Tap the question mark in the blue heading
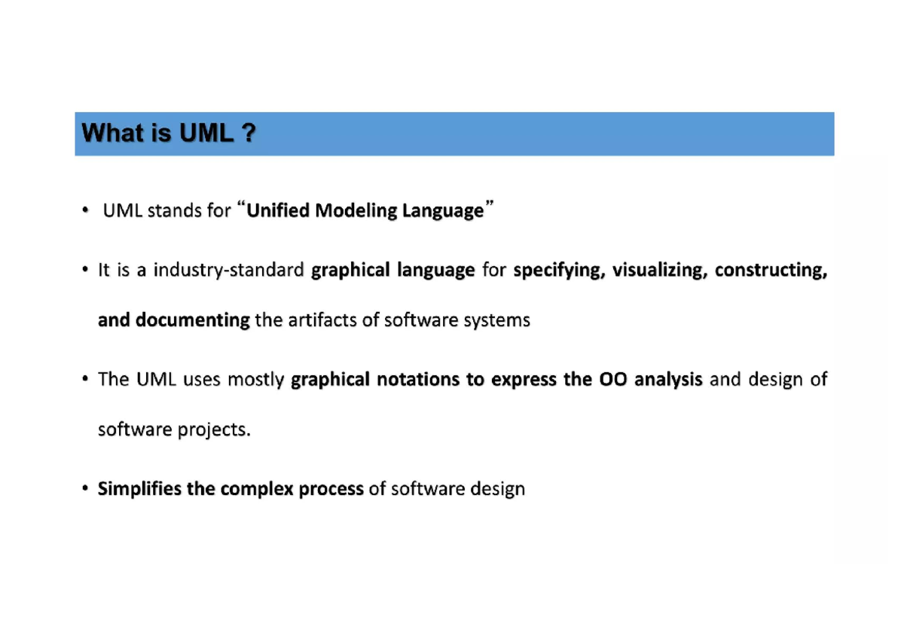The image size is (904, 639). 249,133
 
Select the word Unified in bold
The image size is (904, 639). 278,210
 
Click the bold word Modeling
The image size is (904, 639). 355,210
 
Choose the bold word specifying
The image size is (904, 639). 559,270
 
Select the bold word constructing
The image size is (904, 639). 771,270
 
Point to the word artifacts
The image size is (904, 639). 322,320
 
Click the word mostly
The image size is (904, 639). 255,380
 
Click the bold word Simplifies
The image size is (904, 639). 141,489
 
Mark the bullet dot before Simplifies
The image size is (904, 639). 86,488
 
